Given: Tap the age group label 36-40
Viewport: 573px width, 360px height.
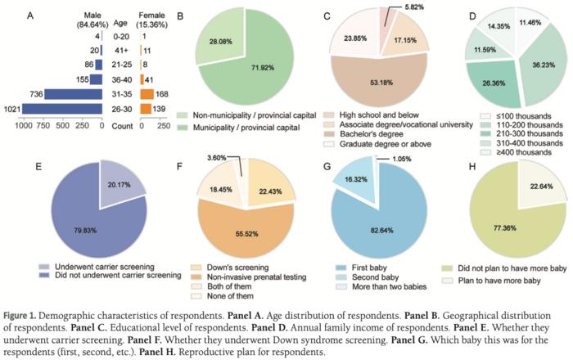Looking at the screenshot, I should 121,79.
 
